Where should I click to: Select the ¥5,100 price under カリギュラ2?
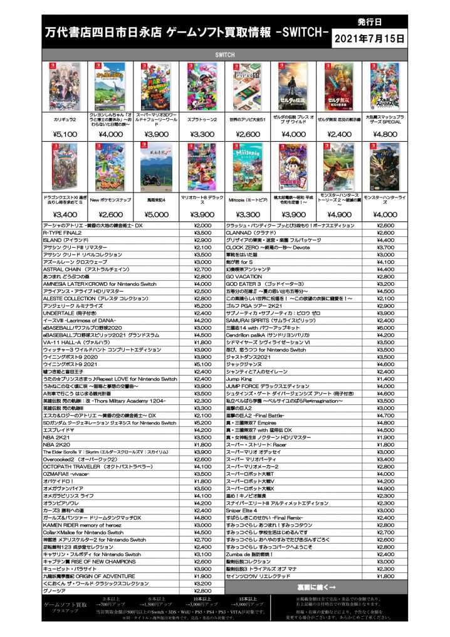65,134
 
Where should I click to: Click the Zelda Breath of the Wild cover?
294,86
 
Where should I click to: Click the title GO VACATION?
244,276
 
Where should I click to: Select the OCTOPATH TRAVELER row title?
87,466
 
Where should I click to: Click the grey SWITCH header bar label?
225,54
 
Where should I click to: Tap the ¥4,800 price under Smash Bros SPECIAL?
385,134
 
